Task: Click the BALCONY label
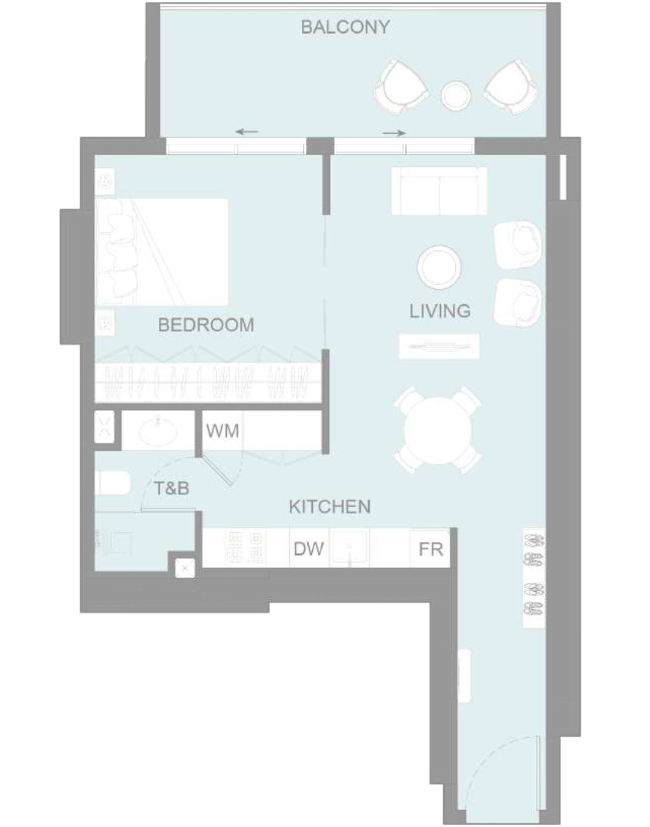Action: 345,27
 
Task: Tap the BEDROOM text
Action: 206,325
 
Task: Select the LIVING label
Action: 440,311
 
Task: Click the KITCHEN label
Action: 330,507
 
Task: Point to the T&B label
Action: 172,488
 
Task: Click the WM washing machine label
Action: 223,431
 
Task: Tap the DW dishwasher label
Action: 309,549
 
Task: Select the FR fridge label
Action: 431,549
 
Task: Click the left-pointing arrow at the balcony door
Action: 247,132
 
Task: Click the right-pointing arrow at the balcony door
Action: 394,133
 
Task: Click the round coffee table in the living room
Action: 439,267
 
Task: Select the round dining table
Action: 438,430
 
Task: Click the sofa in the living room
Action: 439,191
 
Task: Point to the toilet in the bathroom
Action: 113,483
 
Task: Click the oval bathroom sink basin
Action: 158,432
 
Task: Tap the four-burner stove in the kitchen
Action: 246,547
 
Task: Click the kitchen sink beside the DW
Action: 349,547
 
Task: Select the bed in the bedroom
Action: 161,252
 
